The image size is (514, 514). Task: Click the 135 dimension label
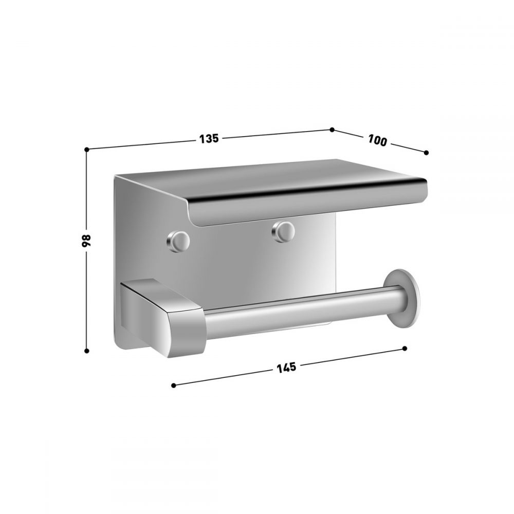(x=209, y=139)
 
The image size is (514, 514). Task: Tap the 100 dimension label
(x=377, y=140)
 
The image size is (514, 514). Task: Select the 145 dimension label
(x=286, y=368)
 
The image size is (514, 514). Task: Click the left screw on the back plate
(x=178, y=241)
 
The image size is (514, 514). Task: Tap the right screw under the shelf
(x=283, y=231)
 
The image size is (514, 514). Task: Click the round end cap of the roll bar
(x=402, y=298)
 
